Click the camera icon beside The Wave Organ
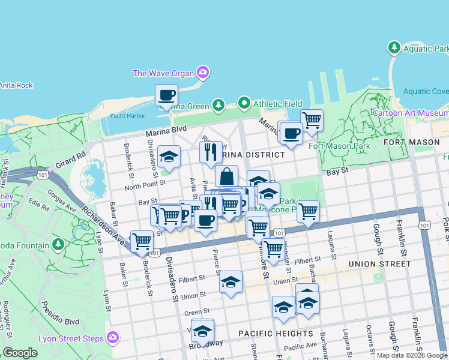(x=203, y=73)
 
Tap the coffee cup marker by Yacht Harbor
(x=166, y=95)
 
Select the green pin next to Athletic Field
(x=244, y=103)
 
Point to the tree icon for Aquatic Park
(x=394, y=47)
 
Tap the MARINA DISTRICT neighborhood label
(x=252, y=155)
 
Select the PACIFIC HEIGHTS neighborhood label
(x=276, y=333)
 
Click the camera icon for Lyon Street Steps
(x=113, y=338)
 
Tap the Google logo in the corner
(x=20, y=353)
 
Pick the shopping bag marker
(x=226, y=176)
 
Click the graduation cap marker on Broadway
(x=203, y=330)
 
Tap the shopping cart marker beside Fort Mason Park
(x=312, y=121)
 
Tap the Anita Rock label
(x=16, y=85)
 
